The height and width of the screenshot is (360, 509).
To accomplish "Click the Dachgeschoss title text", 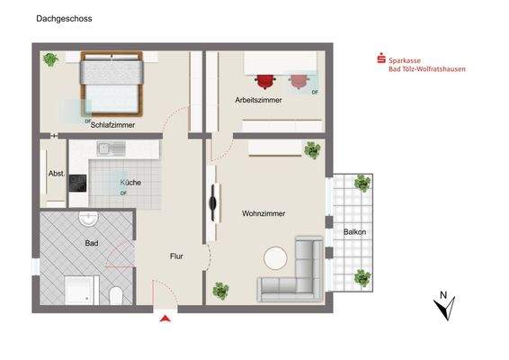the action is point(64,19).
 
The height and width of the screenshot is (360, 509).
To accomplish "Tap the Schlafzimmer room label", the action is point(112,125).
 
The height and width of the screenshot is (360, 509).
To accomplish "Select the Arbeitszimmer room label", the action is point(258,100).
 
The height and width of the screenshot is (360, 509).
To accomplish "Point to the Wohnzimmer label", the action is point(263,213).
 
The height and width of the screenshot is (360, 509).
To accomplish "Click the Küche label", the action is point(130,183).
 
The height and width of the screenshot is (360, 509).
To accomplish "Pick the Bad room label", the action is point(92,243).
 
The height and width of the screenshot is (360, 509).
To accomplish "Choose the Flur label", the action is point(176,256).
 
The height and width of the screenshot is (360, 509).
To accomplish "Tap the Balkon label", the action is point(355,232).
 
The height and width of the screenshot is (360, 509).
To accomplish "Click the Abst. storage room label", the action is point(57,174).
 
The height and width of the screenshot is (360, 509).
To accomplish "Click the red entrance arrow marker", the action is point(165,319).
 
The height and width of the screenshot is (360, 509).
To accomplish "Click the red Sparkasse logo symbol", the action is point(381,58).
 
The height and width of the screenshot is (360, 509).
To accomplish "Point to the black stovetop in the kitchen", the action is point(77,184).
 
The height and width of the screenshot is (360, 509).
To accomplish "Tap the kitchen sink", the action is point(112,148).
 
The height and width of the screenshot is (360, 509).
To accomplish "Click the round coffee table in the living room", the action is point(275,258).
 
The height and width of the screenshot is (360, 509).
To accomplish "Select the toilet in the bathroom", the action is point(116,295).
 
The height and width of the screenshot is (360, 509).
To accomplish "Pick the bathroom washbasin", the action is point(88,219).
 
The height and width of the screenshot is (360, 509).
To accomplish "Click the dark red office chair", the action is point(265,81).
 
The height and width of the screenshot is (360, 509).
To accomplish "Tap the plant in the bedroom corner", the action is point(50,59).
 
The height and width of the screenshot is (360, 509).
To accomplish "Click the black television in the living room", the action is point(212,203).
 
